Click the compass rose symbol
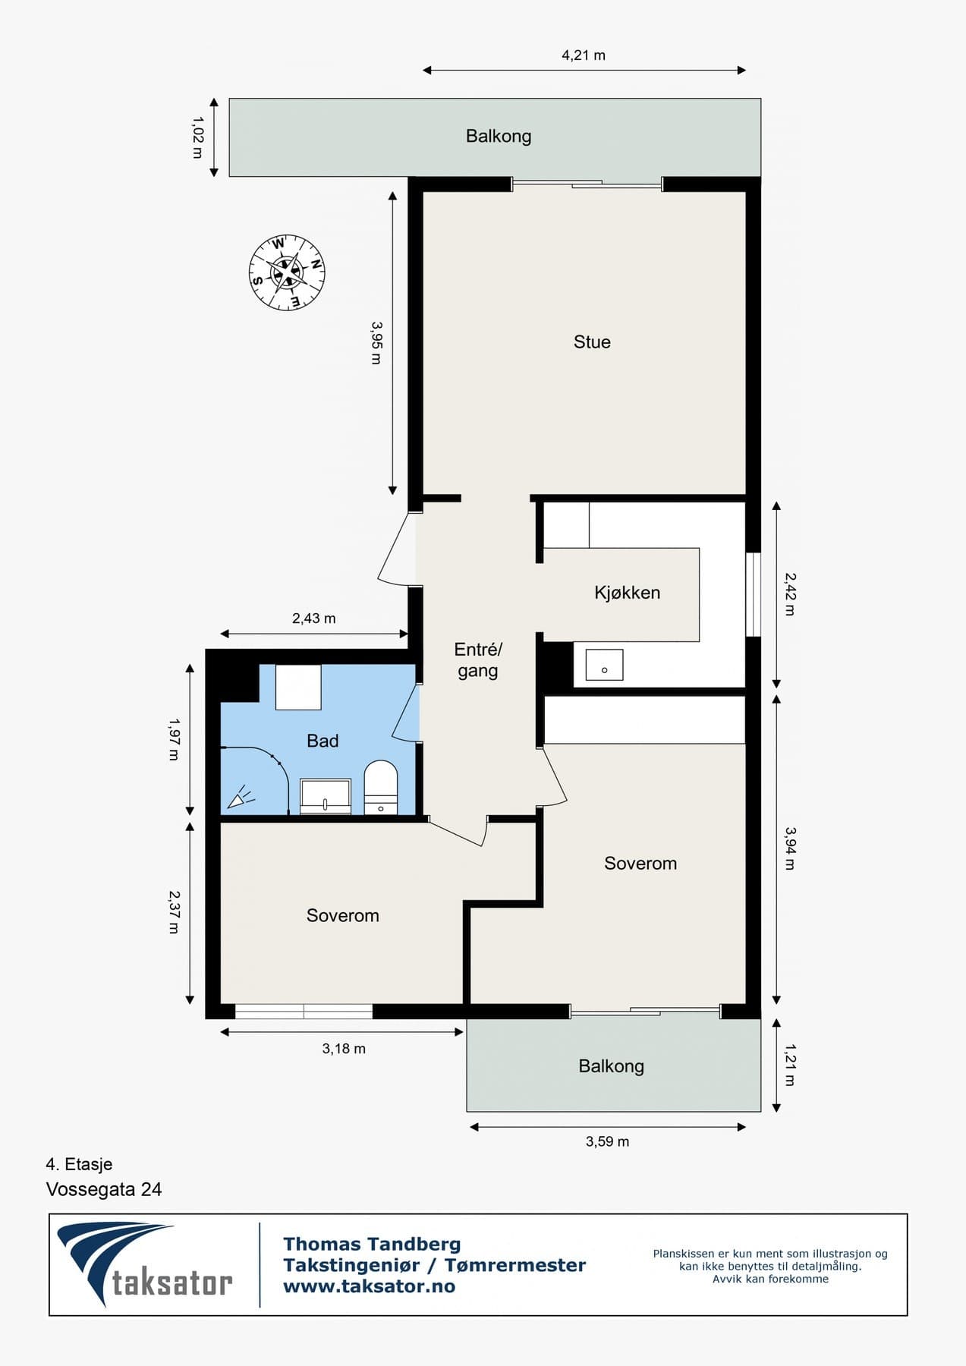pos(287,272)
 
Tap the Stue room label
pos(592,342)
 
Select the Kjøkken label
pos(627,593)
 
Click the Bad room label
pos(323,741)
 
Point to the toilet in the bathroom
pos(381,788)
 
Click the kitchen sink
pos(604,665)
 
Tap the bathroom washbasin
pos(326,796)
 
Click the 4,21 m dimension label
pos(584,55)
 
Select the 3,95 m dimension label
pos(376,342)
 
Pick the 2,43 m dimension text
pos(313,618)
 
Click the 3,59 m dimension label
pos(607,1141)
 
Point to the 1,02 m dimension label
pos(198,137)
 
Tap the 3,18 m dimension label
pos(344,1049)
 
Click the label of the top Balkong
pos(499,137)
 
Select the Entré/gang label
pos(478,660)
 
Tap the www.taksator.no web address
pos(369,1286)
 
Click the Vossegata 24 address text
pos(104,1189)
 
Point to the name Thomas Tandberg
pos(372,1245)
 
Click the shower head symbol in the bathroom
pos(241,798)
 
